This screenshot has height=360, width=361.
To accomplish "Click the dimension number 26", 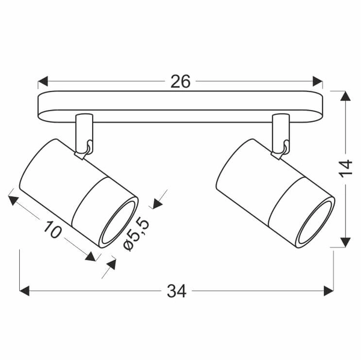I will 180,82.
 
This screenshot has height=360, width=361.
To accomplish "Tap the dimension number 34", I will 176,291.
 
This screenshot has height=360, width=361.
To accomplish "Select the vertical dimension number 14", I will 345,169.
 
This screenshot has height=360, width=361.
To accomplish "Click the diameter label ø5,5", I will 135,234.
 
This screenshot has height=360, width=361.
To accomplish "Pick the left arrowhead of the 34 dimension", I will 25,291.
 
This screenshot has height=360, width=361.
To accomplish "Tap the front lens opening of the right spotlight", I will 316,222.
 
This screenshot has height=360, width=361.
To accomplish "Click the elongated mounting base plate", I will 180,106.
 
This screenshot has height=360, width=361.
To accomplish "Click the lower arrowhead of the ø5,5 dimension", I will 110,265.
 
